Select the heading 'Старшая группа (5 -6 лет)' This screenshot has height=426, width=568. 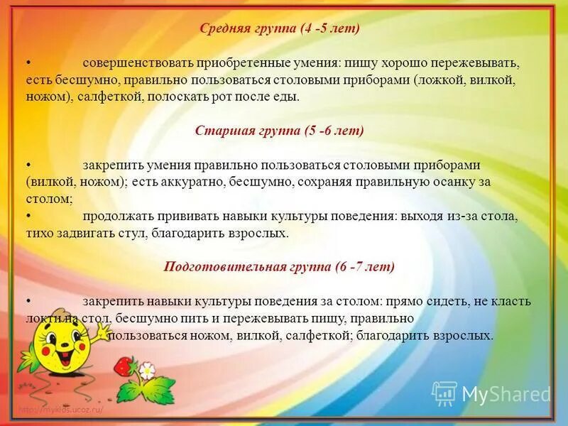[279, 131]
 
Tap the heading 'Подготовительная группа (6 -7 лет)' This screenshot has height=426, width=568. [279, 267]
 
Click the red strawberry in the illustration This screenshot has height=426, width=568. [126, 366]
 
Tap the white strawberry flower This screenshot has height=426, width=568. [146, 371]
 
